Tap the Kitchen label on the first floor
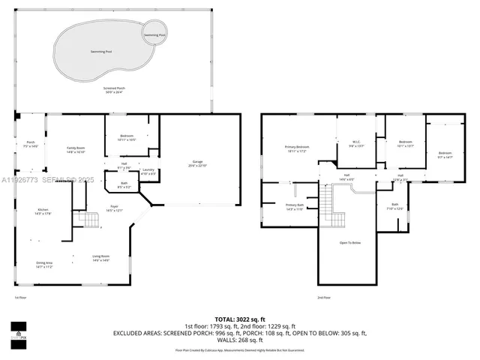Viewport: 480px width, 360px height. coord(43,211)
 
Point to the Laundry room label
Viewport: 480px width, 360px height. coord(148,172)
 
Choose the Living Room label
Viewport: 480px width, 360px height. coord(101,258)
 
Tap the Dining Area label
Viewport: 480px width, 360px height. coord(44,265)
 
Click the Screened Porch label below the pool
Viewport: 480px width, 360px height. coord(115,90)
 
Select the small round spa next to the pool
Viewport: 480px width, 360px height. coord(156,35)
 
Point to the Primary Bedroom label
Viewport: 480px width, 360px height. coord(297,148)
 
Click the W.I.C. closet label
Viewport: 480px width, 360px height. coord(357,144)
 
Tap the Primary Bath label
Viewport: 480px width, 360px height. coord(295,206)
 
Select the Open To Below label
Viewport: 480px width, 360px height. coord(350,242)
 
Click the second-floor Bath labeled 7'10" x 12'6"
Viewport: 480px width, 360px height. coord(395,206)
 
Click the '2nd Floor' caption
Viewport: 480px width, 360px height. coord(324,298)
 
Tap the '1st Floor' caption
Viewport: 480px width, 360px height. coord(21,298)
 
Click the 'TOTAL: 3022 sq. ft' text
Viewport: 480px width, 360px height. coord(239,319)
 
